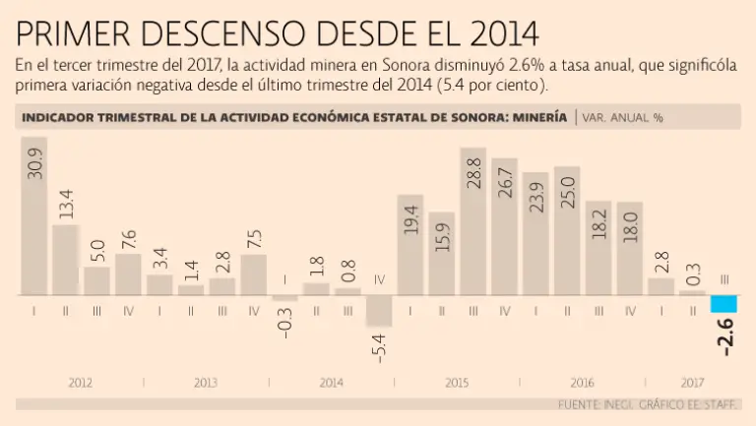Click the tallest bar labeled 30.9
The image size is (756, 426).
tap(33, 216)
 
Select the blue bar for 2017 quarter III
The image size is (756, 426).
tap(723, 304)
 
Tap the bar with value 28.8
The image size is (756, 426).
tap(472, 222)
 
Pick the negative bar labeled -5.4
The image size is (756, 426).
tap(379, 311)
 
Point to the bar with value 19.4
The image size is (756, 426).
tap(410, 246)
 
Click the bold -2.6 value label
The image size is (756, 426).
tap(724, 334)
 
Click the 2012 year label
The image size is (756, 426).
tap(81, 382)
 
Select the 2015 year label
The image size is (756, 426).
tap(457, 382)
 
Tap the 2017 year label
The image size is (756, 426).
tap(692, 382)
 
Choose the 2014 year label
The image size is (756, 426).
tap(332, 382)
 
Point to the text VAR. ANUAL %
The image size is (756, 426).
tap(622, 117)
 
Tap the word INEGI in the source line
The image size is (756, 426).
tap(611, 404)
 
